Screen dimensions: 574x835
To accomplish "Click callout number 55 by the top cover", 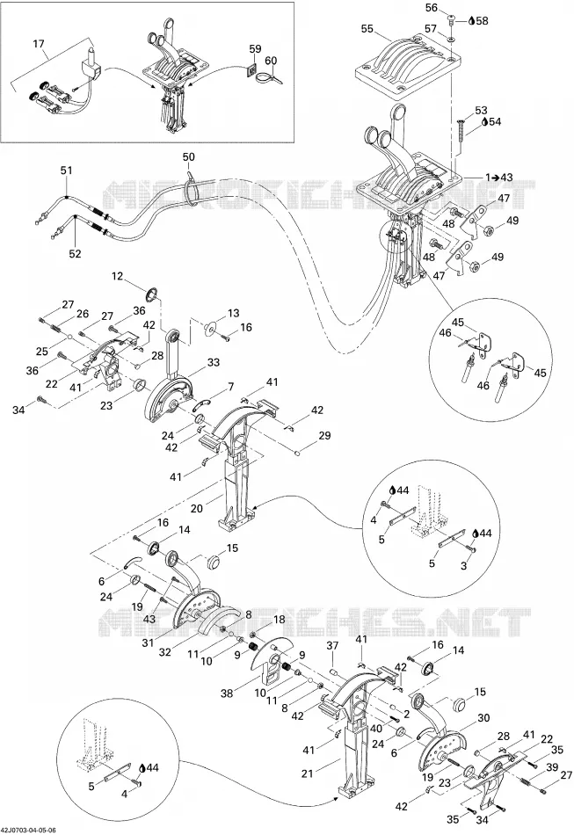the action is click(x=367, y=28).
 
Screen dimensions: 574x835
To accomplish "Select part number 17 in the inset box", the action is click(x=39, y=43).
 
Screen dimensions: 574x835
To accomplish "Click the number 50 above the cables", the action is click(x=188, y=157).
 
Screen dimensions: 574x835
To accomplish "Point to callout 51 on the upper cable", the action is click(x=66, y=171).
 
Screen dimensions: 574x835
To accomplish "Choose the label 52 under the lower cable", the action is click(x=75, y=253).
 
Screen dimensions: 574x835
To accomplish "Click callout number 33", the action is click(x=213, y=363).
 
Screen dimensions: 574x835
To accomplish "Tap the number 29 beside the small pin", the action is click(x=324, y=436).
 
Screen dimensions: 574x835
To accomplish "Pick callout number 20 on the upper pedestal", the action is click(x=197, y=509).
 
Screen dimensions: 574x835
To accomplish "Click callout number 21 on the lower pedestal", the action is click(x=308, y=773).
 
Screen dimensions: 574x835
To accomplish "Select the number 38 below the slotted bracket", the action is click(x=228, y=693).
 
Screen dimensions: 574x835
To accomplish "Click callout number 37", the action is click(x=333, y=645).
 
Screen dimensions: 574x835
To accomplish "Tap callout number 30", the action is click(x=483, y=718).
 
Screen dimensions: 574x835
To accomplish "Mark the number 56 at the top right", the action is click(x=432, y=7).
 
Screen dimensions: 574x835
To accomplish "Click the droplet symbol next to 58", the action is click(x=470, y=21).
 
